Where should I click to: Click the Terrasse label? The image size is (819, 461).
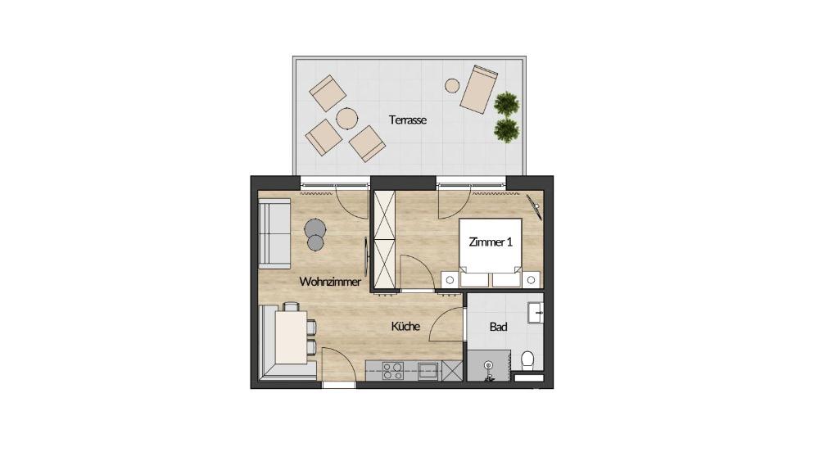point(408,120)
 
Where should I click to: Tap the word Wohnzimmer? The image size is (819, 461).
point(330,282)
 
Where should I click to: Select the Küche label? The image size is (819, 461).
point(406,326)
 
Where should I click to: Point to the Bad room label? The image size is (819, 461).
point(498,327)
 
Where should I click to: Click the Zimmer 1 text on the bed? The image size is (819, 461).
point(491,242)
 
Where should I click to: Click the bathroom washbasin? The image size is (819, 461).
point(536,314)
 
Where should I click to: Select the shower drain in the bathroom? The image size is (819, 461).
point(488,365)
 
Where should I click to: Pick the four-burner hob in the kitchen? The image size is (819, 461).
point(393,371)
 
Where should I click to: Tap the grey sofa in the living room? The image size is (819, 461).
point(274,233)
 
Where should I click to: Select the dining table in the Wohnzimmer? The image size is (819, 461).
point(291,337)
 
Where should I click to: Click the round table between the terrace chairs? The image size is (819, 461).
point(346,119)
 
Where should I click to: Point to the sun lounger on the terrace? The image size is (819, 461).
point(479,88)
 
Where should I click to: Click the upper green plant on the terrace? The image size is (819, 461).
point(507,104)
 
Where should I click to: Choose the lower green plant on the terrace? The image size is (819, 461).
point(506,129)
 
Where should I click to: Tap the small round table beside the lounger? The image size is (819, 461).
point(452,85)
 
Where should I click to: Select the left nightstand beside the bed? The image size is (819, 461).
point(450,280)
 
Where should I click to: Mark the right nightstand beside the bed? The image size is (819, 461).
point(532,280)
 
